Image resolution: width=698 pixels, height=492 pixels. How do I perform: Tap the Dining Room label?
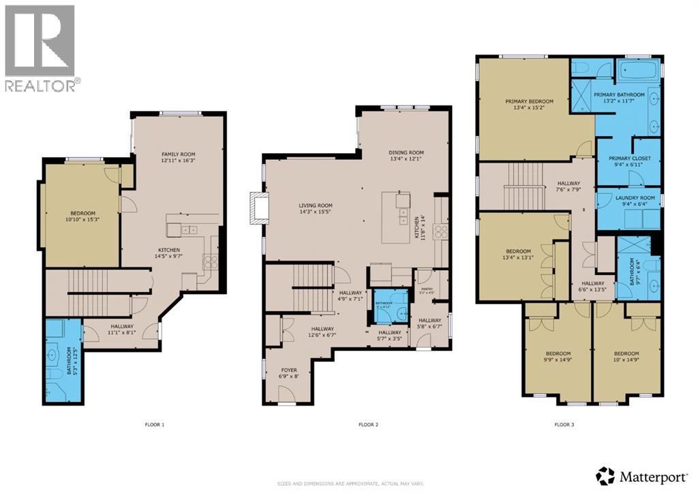point(406,156)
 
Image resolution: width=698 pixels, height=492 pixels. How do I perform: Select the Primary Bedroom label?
point(529,105)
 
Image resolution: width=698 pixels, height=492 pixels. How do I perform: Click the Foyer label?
point(290,373)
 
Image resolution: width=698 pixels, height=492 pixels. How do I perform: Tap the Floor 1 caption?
point(154,425)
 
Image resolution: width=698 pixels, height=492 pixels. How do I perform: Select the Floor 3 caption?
point(564,425)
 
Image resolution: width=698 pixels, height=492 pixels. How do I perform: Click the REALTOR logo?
point(41,48)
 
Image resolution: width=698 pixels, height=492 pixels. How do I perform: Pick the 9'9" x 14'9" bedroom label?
point(558,357)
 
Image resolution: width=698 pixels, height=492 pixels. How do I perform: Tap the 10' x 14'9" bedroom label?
point(626,357)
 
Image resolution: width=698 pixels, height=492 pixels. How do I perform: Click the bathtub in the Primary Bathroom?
point(638,70)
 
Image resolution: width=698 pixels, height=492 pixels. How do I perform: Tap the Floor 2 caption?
point(368,425)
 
